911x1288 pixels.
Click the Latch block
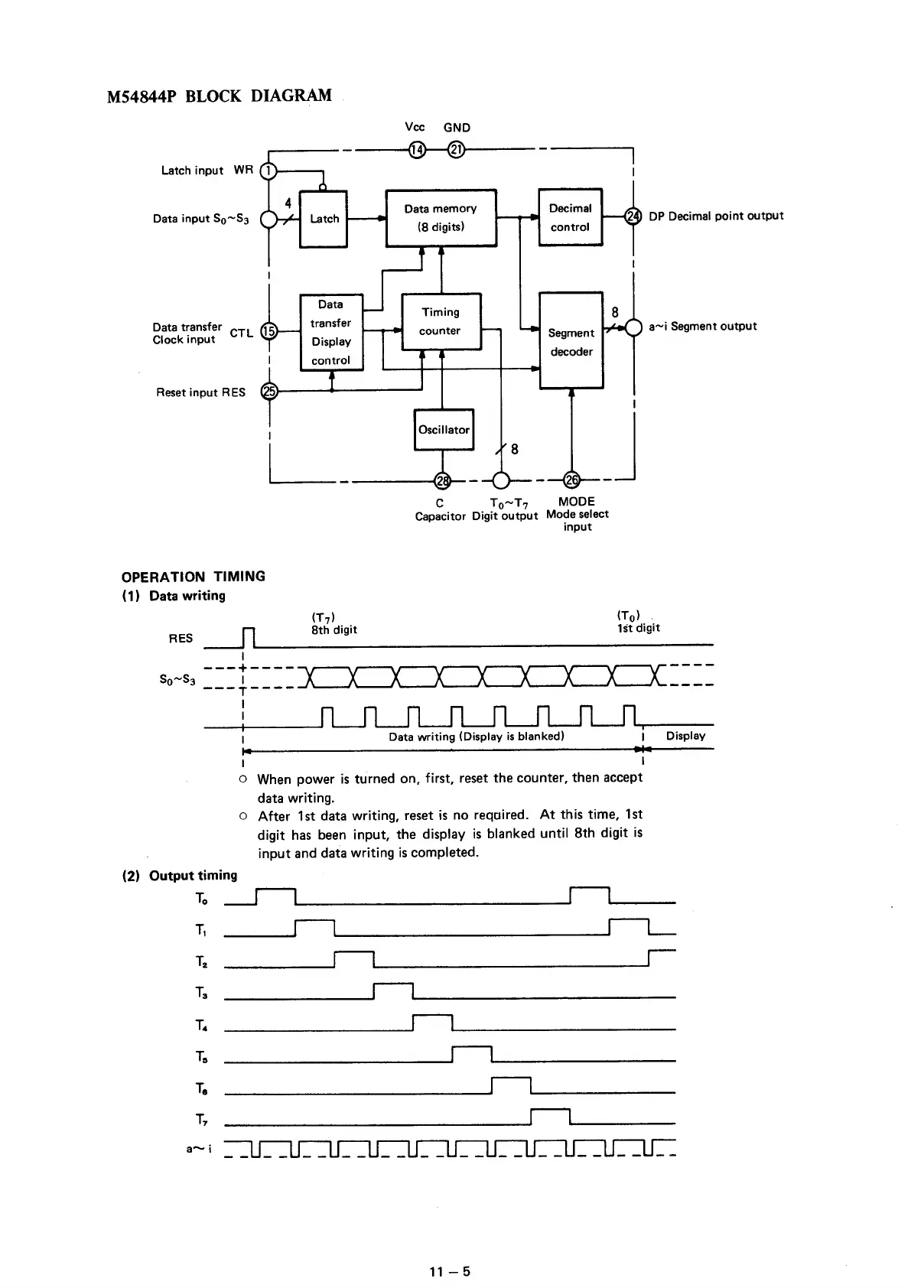click(x=324, y=219)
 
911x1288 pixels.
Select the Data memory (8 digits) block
click(x=441, y=218)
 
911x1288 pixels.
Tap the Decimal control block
click(x=570, y=217)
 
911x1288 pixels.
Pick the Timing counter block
click(x=441, y=321)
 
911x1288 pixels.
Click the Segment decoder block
click(x=571, y=341)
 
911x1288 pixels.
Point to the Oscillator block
click(x=444, y=430)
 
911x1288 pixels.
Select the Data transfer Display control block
click(x=331, y=333)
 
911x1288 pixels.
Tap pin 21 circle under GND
click(x=456, y=149)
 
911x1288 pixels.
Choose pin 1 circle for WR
click(x=268, y=171)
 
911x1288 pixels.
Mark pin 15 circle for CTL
click(x=268, y=331)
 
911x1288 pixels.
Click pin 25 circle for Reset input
click(x=268, y=392)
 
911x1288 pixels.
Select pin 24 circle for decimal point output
click(x=634, y=216)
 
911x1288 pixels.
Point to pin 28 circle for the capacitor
click(x=442, y=480)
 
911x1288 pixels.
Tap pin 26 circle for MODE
click(x=571, y=480)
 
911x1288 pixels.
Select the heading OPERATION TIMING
click(x=194, y=577)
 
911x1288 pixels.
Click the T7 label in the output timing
click(x=201, y=1120)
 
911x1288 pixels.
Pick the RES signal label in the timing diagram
click(x=181, y=638)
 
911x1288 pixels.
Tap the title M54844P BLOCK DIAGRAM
click(x=220, y=96)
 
